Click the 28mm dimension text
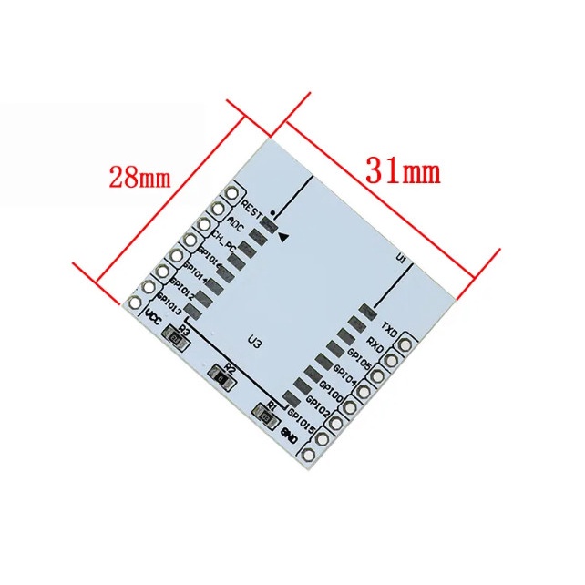[x=139, y=176]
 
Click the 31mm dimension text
[x=402, y=169]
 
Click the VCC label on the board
[x=153, y=316]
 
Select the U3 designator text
[x=256, y=342]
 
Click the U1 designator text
[x=400, y=259]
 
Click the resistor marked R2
[x=221, y=374]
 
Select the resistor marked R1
[x=267, y=417]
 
